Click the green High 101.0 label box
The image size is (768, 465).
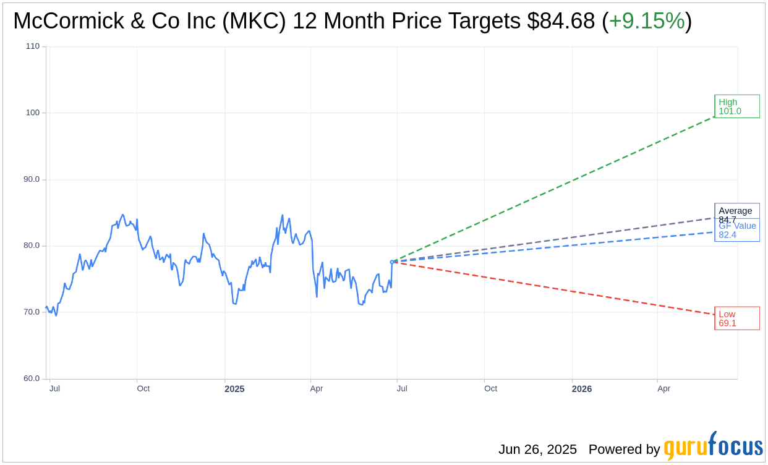tap(736, 106)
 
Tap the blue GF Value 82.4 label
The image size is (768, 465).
tap(737, 231)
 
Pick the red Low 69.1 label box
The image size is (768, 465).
tap(736, 318)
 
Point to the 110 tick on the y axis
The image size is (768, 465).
tap(33, 46)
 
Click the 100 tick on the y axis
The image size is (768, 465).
tap(33, 113)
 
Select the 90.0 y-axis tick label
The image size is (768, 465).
tap(32, 179)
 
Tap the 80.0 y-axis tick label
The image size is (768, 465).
tap(32, 245)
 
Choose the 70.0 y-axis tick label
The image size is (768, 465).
tap(32, 312)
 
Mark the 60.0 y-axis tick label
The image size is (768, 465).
tap(32, 378)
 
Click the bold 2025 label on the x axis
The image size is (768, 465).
tap(234, 389)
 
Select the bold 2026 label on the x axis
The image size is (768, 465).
tap(581, 389)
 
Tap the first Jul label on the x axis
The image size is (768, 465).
tap(54, 389)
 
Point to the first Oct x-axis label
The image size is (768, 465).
tap(143, 389)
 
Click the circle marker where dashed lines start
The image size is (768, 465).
tap(392, 262)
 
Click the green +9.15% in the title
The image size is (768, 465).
tap(647, 21)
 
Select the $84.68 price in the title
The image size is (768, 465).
tap(561, 21)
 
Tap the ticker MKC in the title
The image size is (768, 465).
tap(260, 21)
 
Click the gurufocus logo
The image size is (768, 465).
tap(713, 446)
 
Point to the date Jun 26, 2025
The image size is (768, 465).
tap(537, 450)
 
